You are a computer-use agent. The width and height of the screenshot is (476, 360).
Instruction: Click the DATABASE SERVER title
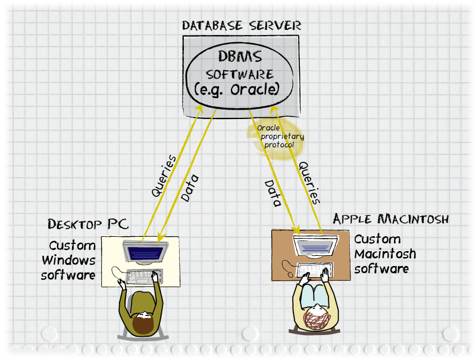[242, 26]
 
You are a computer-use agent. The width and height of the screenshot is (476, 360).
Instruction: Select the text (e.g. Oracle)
[237, 90]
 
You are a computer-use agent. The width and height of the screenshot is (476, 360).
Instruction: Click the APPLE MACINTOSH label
[391, 219]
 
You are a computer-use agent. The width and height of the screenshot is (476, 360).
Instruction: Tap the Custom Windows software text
[68, 260]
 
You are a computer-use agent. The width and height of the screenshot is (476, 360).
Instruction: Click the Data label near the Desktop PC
[189, 187]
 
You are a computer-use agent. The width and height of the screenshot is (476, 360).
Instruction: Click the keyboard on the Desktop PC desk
[140, 276]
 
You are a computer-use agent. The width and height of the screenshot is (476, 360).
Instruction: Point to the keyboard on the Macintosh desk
[314, 270]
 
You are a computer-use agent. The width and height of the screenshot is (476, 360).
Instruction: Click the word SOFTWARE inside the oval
[240, 75]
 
